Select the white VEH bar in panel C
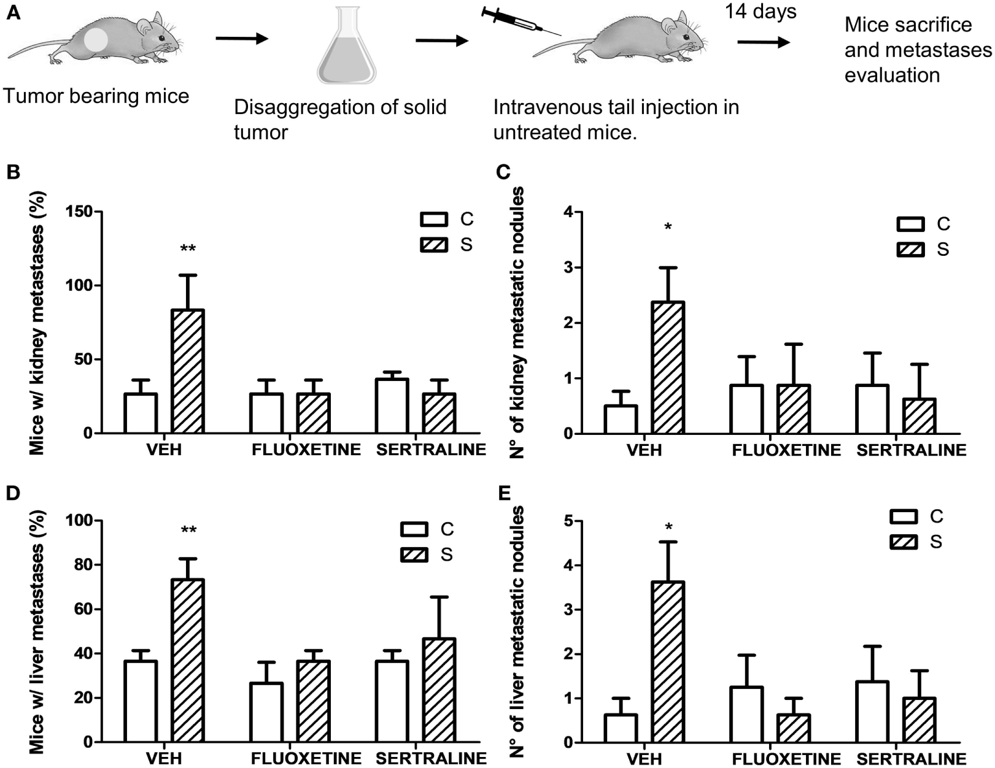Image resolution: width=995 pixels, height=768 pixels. (x=621, y=420)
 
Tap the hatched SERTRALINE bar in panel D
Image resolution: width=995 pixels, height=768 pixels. (x=439, y=690)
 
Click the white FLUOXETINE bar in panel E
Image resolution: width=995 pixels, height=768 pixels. (x=746, y=714)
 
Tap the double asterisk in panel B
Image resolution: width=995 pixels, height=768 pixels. (x=188, y=249)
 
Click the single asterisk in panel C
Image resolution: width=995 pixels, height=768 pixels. (x=668, y=228)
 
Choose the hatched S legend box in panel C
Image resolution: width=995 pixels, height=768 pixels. (x=910, y=250)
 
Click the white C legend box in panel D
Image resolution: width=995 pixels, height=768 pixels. (x=414, y=529)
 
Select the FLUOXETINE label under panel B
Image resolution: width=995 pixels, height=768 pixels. (x=306, y=450)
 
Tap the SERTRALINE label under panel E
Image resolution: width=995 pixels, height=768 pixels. (x=911, y=758)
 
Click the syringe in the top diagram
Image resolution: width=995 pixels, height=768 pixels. (x=521, y=21)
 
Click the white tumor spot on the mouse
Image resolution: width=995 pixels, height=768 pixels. (x=96, y=40)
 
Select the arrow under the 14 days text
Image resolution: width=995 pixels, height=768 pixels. (x=763, y=42)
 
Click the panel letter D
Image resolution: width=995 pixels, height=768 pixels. (x=14, y=494)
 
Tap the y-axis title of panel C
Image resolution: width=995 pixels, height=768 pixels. (x=517, y=323)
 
